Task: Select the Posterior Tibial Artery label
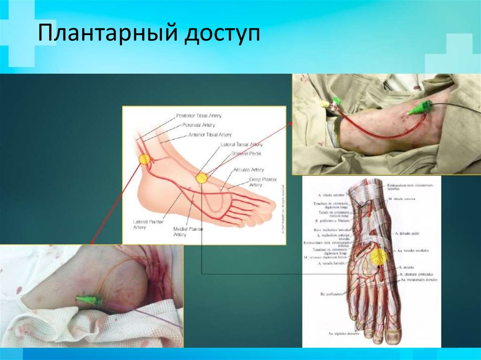[x=199, y=115]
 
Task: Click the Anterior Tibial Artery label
[x=210, y=135]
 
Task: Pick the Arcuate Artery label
[x=248, y=169]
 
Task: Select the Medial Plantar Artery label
[x=188, y=231]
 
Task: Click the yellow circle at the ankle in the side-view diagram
[x=144, y=159]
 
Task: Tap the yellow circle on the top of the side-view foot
[x=202, y=178]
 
